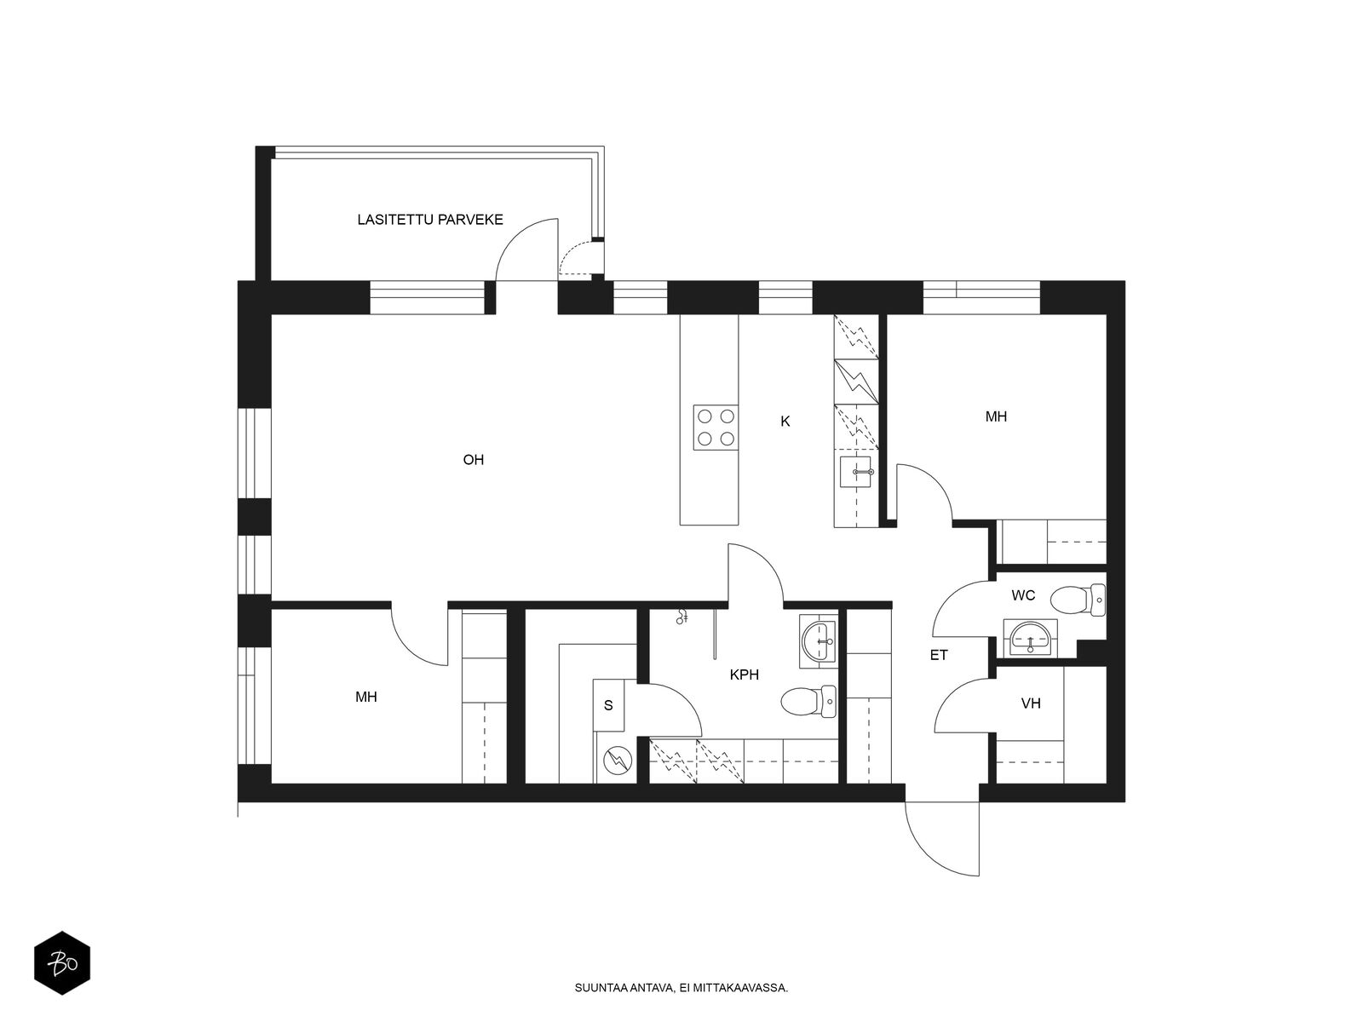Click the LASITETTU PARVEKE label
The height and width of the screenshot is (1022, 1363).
(x=429, y=220)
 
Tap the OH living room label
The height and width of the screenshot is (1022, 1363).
(x=473, y=460)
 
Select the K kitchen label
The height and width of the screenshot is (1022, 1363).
(x=785, y=422)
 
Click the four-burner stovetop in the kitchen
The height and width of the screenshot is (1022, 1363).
(x=716, y=427)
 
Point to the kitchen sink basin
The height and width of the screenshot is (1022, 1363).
(x=857, y=472)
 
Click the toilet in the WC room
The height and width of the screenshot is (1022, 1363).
(x=1078, y=600)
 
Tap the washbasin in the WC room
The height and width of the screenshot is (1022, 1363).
(x=1030, y=638)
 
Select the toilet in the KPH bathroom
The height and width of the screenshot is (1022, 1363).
(x=808, y=701)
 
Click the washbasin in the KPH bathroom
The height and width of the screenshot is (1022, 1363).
(x=818, y=641)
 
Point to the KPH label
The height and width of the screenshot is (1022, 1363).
(x=744, y=675)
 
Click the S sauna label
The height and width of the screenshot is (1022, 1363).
(x=608, y=705)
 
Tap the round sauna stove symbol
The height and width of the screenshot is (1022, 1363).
(x=618, y=761)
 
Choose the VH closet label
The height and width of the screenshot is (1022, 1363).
(x=1031, y=703)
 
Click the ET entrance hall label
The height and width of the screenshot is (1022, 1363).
(x=938, y=655)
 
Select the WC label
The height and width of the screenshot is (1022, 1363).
(x=1023, y=595)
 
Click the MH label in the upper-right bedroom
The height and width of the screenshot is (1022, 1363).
(x=996, y=416)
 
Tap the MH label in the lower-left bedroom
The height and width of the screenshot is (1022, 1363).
(x=365, y=697)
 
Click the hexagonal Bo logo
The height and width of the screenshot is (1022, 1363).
(x=62, y=962)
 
